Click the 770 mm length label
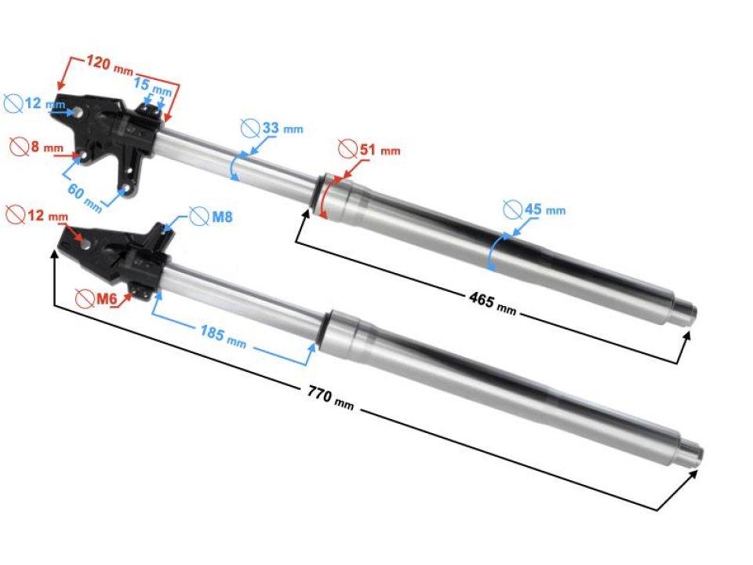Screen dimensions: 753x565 point(330,399)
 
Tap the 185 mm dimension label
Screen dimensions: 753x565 point(223,334)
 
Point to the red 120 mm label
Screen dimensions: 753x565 point(110,64)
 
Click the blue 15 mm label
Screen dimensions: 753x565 point(152,86)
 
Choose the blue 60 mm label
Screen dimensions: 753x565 point(85,198)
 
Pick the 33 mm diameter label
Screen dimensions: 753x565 point(282,128)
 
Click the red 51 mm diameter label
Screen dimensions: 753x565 point(380,150)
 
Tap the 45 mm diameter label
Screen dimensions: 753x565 point(545,210)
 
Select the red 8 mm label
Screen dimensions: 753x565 point(47,147)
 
